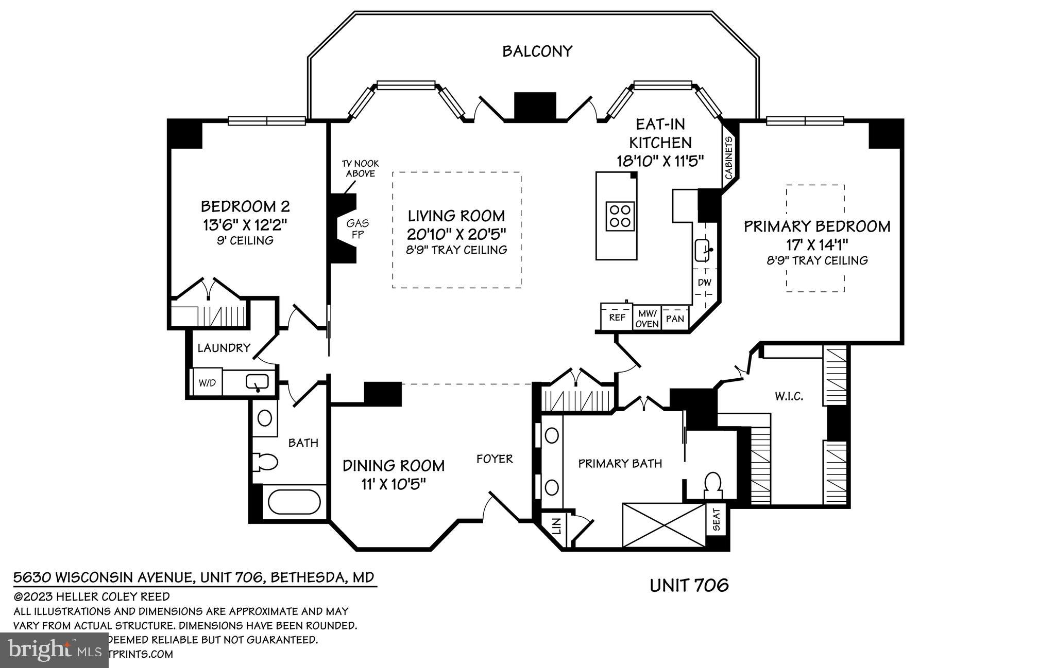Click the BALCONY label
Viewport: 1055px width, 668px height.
(537, 51)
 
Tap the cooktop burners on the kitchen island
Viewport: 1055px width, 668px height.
(620, 216)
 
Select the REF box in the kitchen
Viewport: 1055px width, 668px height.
(617, 318)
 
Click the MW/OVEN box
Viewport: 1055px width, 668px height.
(646, 319)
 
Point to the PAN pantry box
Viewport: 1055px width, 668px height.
(674, 319)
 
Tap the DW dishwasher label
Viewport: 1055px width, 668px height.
(704, 283)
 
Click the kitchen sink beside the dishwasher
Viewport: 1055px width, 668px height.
(703, 251)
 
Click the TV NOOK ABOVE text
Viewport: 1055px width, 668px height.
(360, 169)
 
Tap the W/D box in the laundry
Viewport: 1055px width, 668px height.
(207, 382)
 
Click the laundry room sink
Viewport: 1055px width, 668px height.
(257, 382)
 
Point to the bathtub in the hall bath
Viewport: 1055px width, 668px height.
(294, 502)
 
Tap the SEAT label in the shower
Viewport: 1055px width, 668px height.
(716, 520)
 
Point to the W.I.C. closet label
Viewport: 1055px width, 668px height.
(789, 396)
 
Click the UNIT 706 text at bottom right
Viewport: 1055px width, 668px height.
(689, 585)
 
